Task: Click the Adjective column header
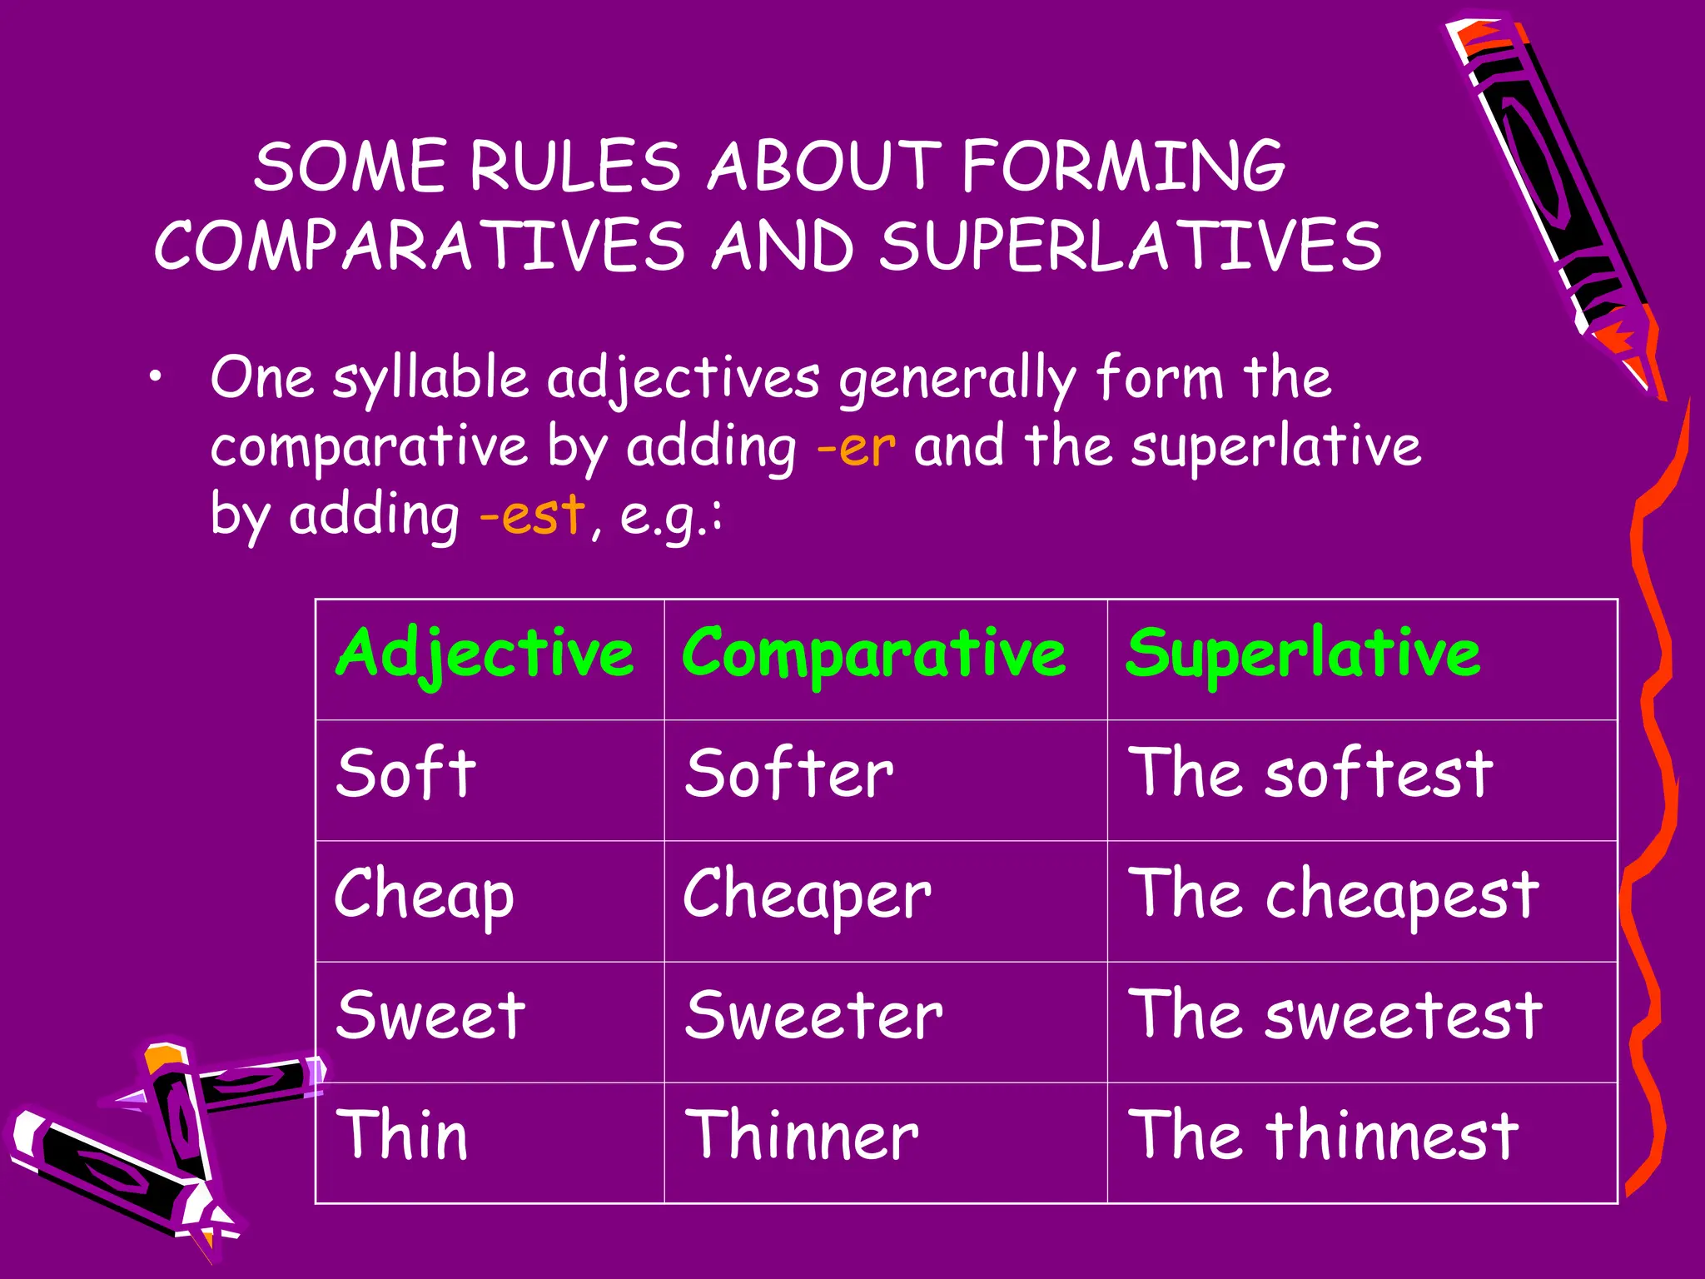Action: pyautogui.click(x=485, y=654)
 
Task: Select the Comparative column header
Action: pyautogui.click(x=873, y=654)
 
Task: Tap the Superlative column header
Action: pyautogui.click(x=1303, y=654)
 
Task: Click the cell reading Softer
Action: pyautogui.click(x=789, y=774)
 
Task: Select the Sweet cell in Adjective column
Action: pyautogui.click(x=430, y=1016)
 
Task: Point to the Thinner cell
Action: pyautogui.click(x=802, y=1137)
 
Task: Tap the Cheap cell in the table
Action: pyautogui.click(x=425, y=895)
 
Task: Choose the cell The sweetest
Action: pyautogui.click(x=1335, y=1016)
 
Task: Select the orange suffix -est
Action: pyautogui.click(x=532, y=515)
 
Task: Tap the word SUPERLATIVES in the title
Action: pyautogui.click(x=1131, y=246)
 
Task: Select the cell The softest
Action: pyautogui.click(x=1310, y=774)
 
